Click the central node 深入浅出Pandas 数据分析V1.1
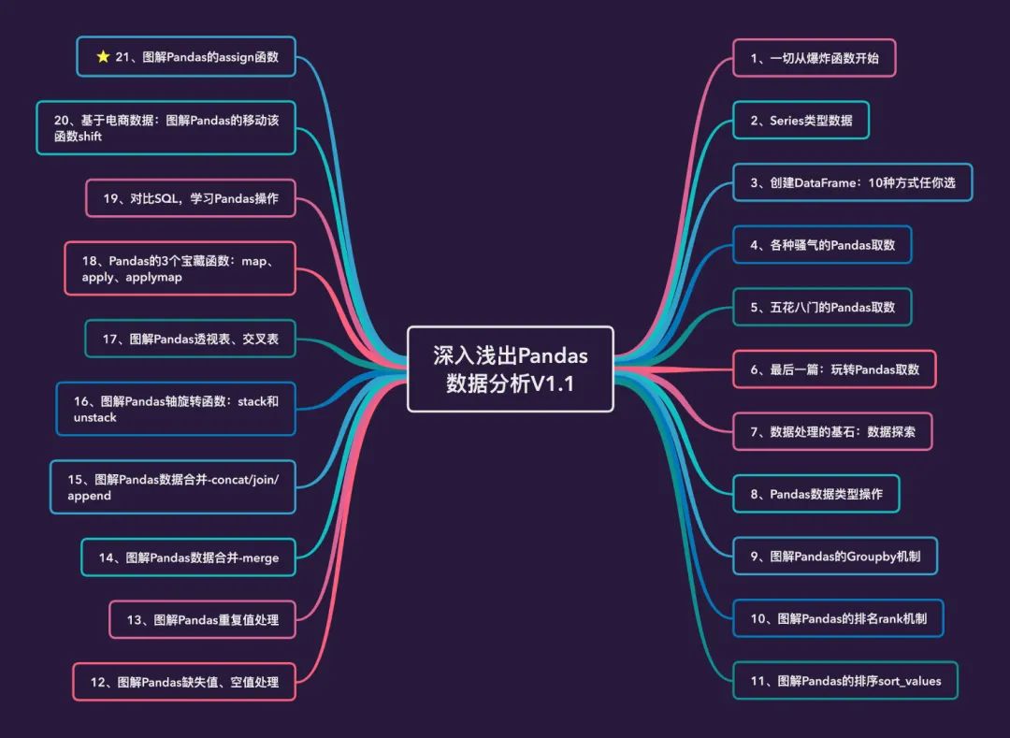[510, 369]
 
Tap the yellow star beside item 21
[103, 57]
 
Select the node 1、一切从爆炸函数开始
[814, 58]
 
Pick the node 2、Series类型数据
[801, 121]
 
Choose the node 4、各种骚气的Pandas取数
[822, 245]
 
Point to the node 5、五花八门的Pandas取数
[822, 307]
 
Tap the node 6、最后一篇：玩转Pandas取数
[834, 369]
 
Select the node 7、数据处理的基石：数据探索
[832, 432]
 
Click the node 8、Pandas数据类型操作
[815, 494]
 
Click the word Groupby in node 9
[871, 557]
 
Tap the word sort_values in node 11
[908, 681]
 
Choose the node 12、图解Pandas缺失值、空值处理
[184, 682]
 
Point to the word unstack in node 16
[94, 417]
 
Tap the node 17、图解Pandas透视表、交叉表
[190, 339]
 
